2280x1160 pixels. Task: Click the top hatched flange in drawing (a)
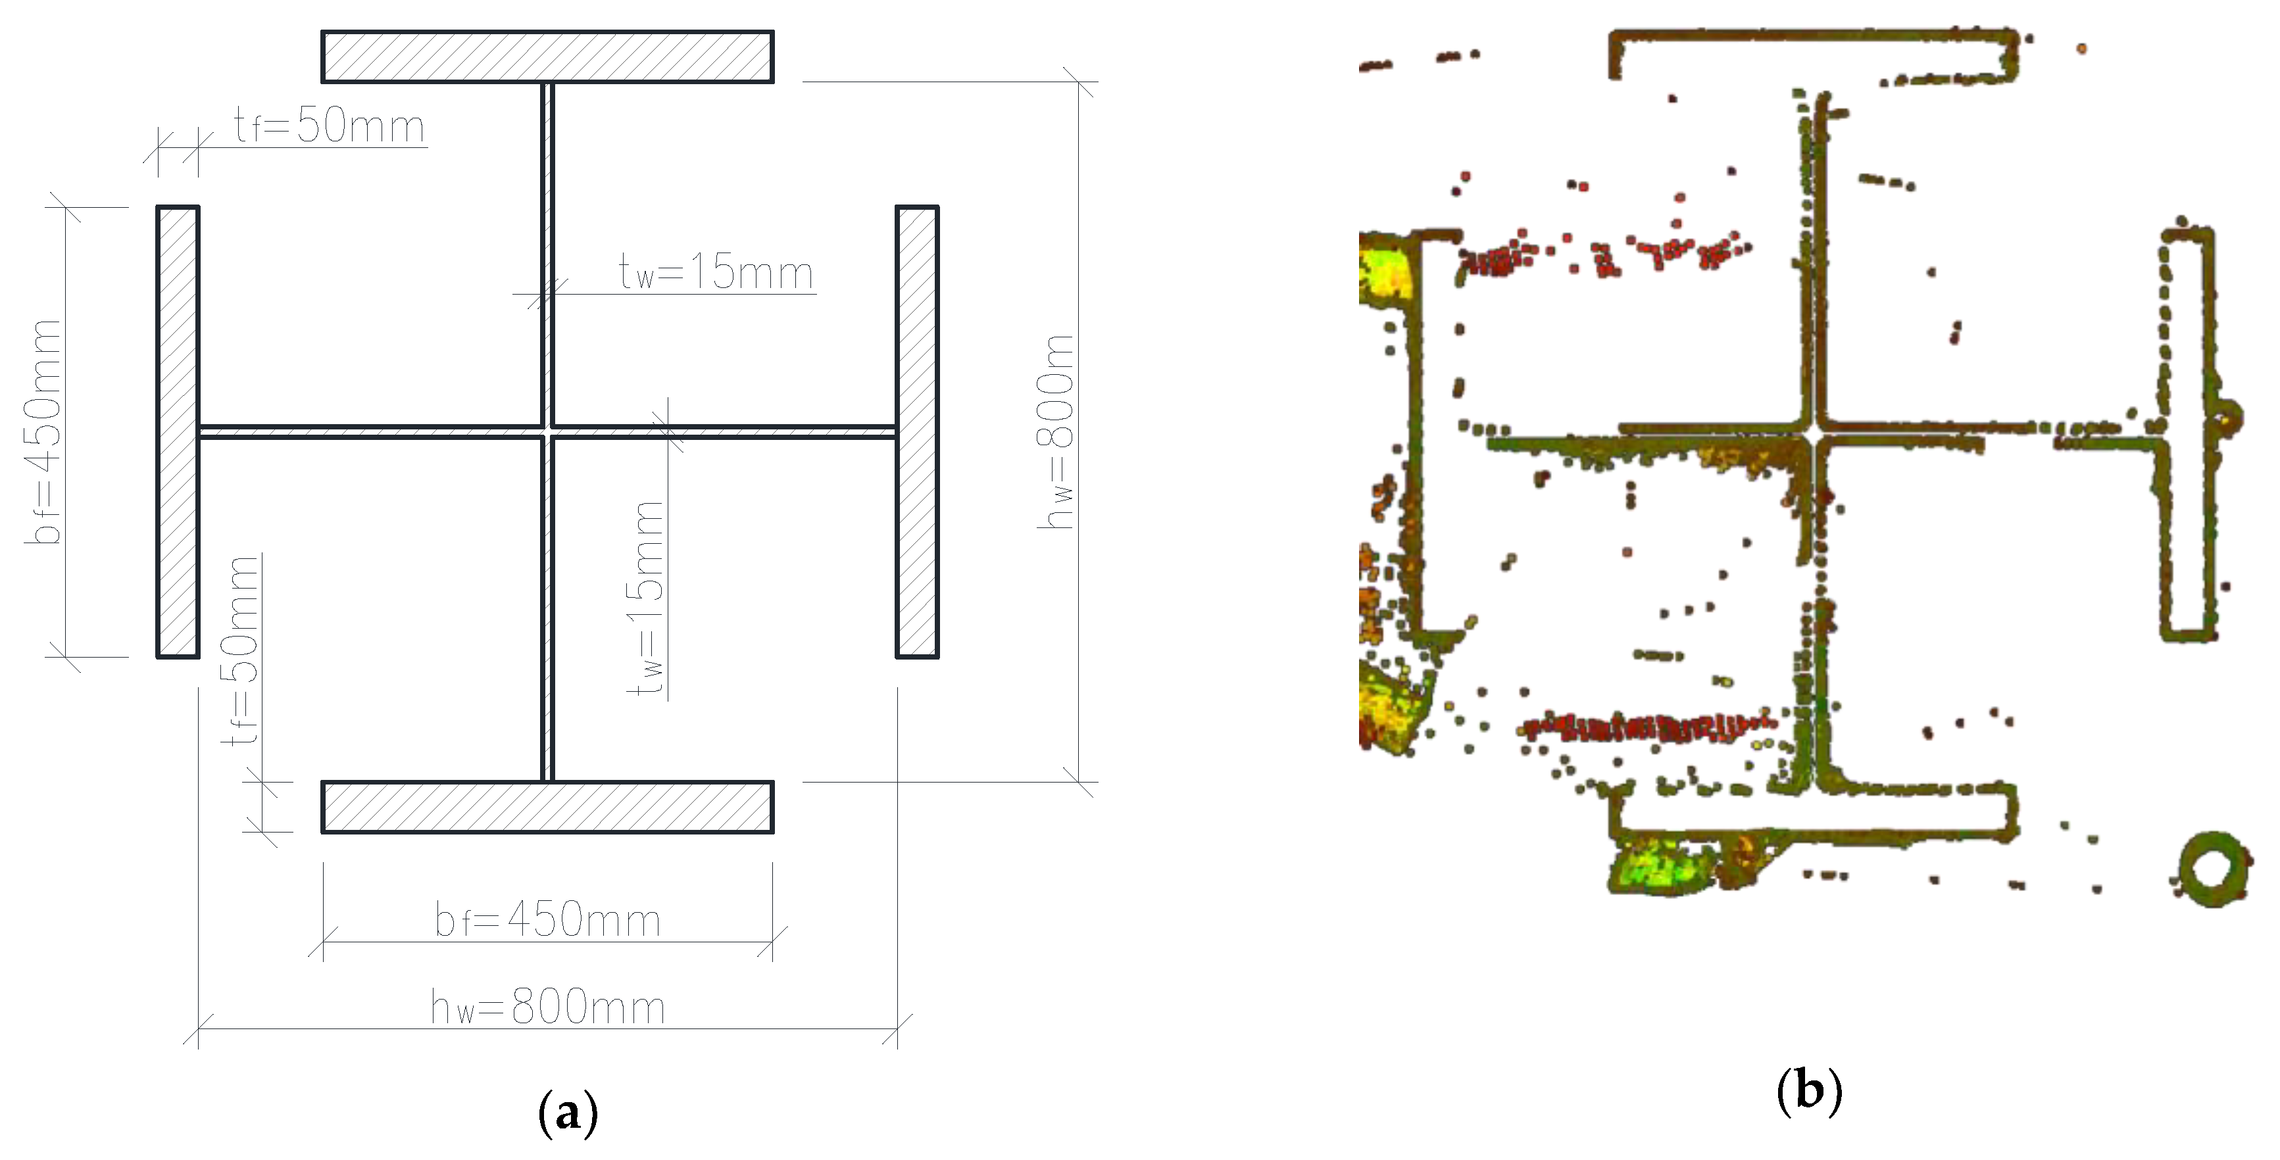click(547, 57)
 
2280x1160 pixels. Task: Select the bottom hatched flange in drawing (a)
click(547, 807)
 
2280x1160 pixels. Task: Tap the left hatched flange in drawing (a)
click(178, 432)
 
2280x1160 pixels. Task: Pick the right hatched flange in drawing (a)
click(917, 432)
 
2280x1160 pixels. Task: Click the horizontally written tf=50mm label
click(330, 126)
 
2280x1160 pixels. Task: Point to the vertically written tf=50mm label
click(241, 650)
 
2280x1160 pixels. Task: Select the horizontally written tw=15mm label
click(715, 272)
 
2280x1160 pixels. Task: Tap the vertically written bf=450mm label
click(44, 432)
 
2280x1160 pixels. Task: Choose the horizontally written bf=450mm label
click(547, 920)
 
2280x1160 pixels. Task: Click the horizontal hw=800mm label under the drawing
click(547, 1008)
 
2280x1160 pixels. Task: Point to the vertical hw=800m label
click(1056, 432)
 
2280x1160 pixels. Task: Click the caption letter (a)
click(567, 1113)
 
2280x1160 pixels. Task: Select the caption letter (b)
click(1809, 1091)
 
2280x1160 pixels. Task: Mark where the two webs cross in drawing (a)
click(548, 433)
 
